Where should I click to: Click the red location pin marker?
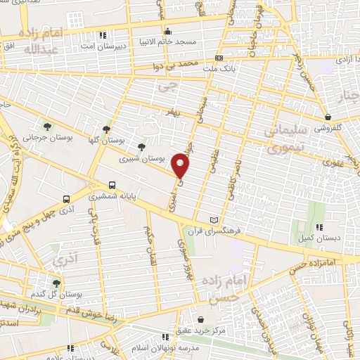pos(181,166)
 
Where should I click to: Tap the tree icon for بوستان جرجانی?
pos(47,127)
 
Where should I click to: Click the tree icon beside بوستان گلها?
pos(106,129)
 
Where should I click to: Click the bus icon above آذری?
pos(66,199)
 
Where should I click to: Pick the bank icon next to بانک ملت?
pos(219,58)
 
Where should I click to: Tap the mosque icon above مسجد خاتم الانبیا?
pos(167,31)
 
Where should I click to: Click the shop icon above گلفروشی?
pos(328,117)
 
